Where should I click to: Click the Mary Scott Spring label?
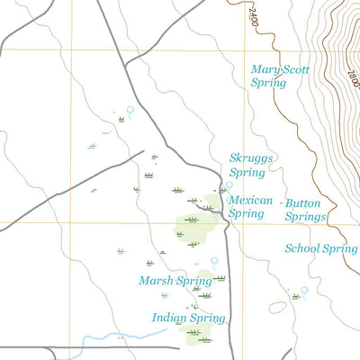(x=280, y=75)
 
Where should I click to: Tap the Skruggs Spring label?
(x=251, y=164)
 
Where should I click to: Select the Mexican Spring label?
(x=249, y=207)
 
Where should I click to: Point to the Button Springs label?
(x=304, y=210)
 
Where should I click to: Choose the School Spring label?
(x=320, y=248)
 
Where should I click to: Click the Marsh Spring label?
(x=175, y=281)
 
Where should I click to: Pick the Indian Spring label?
(x=188, y=318)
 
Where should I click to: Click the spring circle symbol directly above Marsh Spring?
(x=214, y=261)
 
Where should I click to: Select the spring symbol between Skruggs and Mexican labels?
(x=229, y=186)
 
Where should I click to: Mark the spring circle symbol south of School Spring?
(x=304, y=290)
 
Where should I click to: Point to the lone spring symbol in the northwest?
(x=130, y=111)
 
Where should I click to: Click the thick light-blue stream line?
(x=126, y=337)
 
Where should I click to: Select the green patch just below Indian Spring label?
(x=198, y=335)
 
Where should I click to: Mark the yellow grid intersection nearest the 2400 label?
(x=244, y=50)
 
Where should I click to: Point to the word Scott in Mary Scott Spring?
(x=292, y=68)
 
